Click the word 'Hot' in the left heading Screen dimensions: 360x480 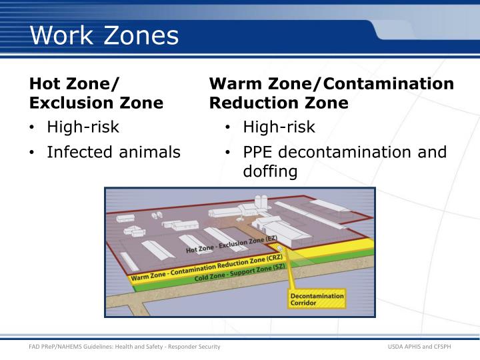[45, 84]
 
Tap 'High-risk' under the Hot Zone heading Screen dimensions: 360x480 [83, 127]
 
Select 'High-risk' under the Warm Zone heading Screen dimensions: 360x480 [279, 127]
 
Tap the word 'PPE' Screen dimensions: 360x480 [257, 152]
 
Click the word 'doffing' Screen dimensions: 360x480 [270, 172]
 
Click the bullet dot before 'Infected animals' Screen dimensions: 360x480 [31, 153]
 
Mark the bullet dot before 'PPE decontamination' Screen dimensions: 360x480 [228, 153]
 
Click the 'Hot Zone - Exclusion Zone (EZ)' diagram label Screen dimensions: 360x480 [231, 244]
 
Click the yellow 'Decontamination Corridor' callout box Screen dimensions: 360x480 [317, 299]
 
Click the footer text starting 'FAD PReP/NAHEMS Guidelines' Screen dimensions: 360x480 [124, 347]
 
